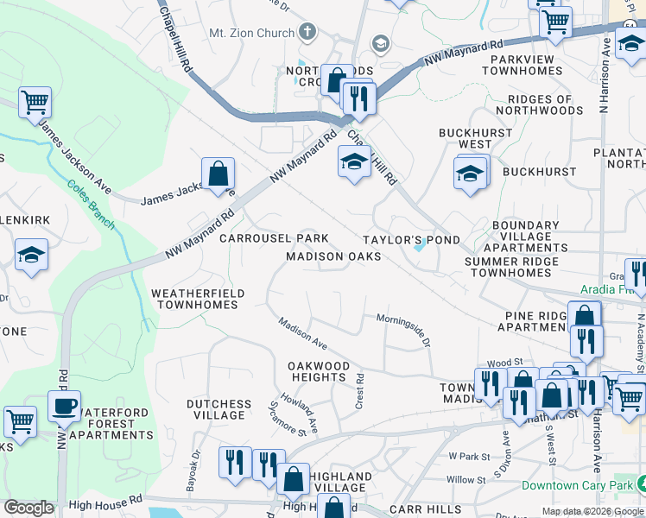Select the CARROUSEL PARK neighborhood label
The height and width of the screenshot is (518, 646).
point(274,237)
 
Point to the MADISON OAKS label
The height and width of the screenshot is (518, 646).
point(333,256)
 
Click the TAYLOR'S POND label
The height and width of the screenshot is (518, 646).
point(410,239)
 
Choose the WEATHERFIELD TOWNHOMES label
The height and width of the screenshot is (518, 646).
point(198,299)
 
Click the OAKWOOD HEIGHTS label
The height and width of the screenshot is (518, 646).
point(319,371)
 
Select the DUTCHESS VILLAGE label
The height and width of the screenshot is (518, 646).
point(219,409)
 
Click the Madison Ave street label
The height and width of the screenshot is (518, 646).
point(302,333)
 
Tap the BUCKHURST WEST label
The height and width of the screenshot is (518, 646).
point(465,138)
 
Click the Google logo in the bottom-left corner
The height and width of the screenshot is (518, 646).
point(28,508)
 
